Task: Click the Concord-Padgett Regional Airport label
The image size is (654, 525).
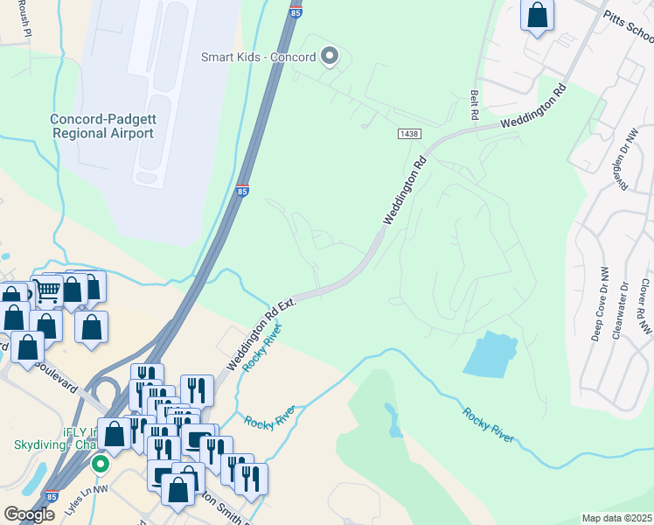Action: click(102, 126)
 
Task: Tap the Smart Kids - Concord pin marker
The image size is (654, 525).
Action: click(330, 57)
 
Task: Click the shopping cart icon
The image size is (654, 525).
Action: click(49, 290)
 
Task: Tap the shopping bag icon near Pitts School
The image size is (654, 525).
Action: click(537, 15)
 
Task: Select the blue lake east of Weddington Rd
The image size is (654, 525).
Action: click(490, 355)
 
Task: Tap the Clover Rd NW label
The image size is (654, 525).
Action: click(645, 306)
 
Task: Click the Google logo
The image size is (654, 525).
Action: click(29, 514)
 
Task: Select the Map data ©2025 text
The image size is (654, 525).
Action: click(616, 518)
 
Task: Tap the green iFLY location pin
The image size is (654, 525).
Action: click(101, 463)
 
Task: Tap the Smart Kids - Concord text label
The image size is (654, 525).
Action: click(258, 58)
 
